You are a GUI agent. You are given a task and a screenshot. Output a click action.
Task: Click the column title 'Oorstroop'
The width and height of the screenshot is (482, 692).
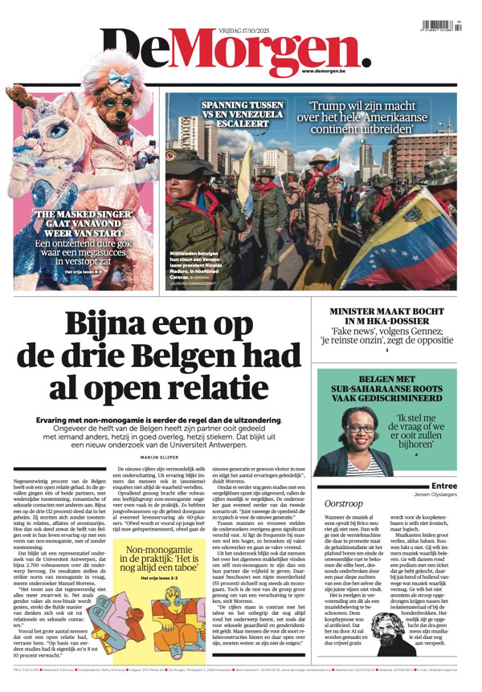(346, 502)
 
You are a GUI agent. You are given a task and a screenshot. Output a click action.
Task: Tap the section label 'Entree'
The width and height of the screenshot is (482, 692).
(444, 486)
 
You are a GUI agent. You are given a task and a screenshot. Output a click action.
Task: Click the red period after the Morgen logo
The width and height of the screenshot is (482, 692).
(366, 59)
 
